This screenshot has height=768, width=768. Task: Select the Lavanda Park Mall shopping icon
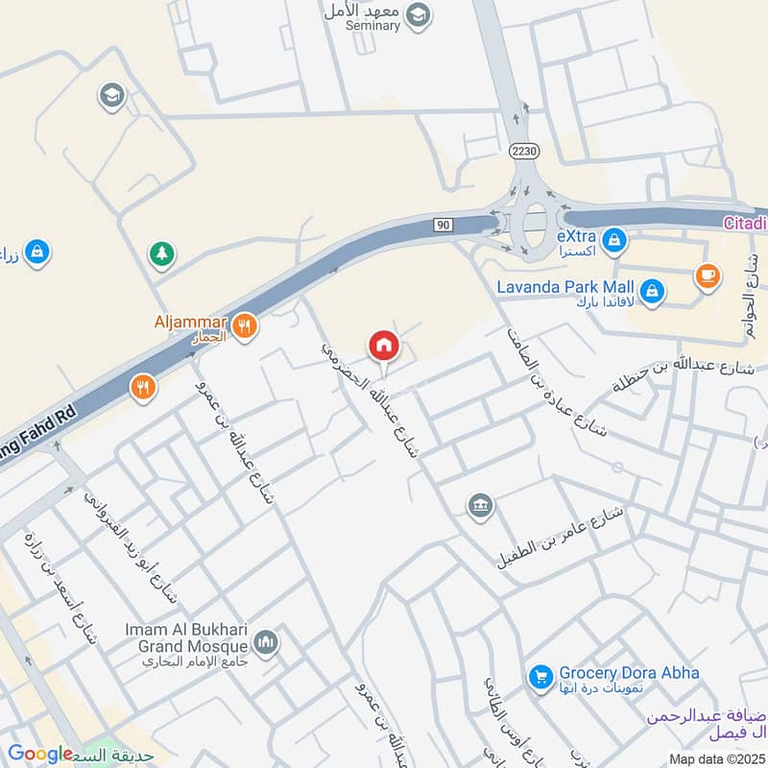tap(652, 291)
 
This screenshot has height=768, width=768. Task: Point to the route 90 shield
tap(443, 225)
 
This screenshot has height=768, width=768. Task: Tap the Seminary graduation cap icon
tap(418, 14)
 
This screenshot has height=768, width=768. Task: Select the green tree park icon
tap(161, 254)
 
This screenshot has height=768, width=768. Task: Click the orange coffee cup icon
tap(708, 276)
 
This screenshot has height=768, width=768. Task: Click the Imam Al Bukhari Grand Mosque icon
tap(267, 642)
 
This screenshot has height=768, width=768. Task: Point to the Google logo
tap(40, 754)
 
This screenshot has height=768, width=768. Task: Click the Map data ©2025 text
tap(714, 759)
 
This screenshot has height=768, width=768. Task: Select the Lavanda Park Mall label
tap(565, 286)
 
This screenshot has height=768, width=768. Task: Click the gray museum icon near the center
tap(479, 505)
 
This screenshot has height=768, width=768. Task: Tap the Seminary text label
tap(372, 26)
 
